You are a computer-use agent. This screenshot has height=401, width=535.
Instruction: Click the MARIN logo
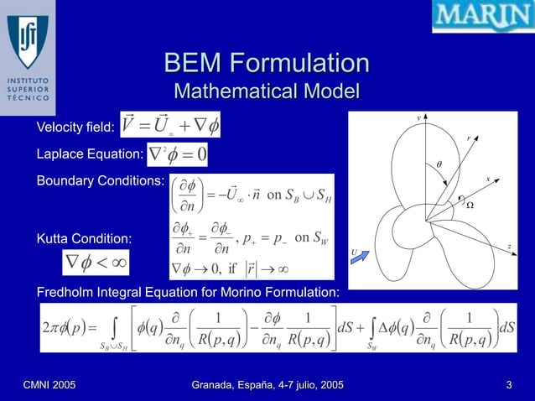(x=482, y=17)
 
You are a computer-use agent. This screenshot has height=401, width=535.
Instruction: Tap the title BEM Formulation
(x=267, y=64)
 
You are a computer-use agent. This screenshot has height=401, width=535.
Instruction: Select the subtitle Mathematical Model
(x=266, y=91)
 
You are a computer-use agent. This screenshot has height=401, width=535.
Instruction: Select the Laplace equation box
(x=179, y=154)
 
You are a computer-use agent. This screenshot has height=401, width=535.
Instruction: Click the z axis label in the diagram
(x=510, y=245)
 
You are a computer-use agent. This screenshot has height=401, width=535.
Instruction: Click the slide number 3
(x=509, y=384)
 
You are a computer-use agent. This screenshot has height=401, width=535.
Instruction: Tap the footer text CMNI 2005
(x=49, y=384)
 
